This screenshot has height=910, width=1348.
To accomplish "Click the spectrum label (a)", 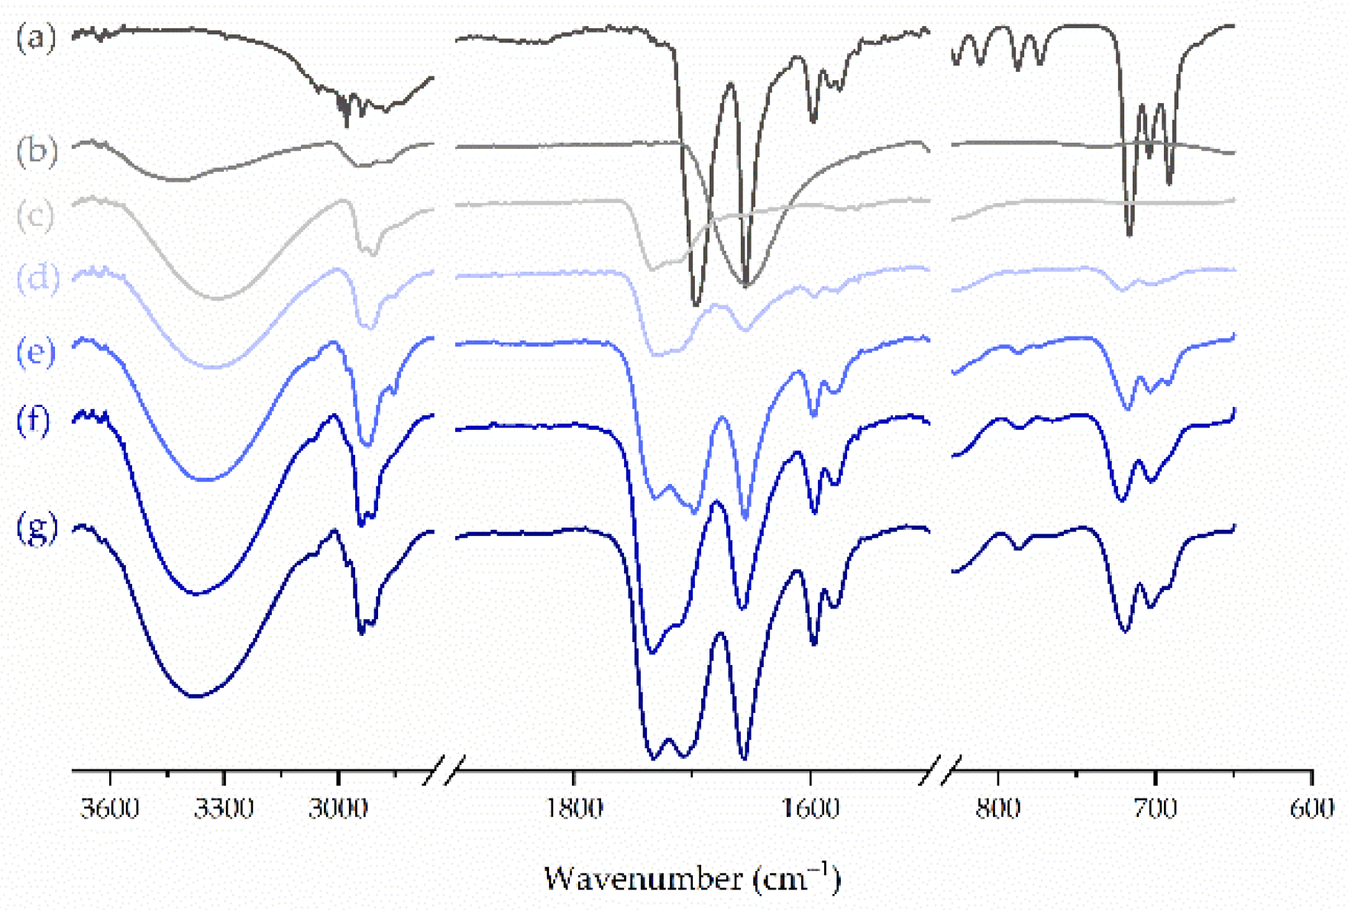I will point(36,36).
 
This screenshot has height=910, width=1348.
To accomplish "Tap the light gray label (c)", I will point(35,215).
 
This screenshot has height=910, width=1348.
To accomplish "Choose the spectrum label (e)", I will point(36,352).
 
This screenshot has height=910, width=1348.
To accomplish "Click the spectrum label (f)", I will point(34,419).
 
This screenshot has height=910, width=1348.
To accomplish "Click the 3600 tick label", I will point(110,808).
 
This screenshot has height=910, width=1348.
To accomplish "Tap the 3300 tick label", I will point(224,808).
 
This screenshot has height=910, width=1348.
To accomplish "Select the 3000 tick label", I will point(338,808).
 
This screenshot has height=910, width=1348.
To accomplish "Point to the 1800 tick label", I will point(574,808).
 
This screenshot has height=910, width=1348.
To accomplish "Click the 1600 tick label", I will point(811,808).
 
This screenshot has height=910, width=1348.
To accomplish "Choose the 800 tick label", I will point(998,808).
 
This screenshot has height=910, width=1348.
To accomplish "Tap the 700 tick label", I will point(1156,808).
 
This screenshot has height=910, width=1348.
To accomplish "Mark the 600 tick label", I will point(1311,808).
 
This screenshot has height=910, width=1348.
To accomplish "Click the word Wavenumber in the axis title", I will point(643,879).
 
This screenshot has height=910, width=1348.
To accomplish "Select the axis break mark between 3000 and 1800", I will point(444,771).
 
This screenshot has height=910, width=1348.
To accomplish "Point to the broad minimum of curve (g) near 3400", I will point(196,695).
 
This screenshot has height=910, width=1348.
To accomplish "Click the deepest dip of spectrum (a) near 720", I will point(1130,233).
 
